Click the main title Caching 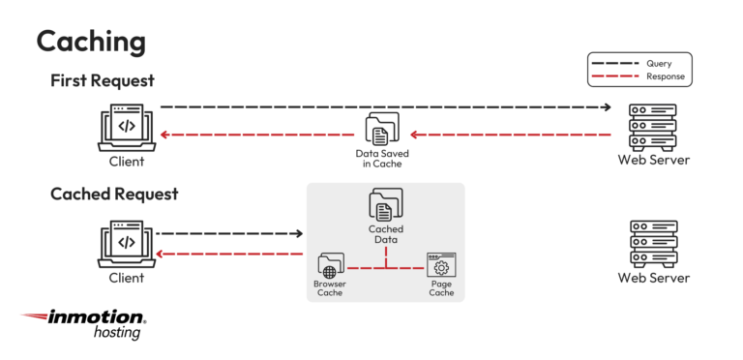pos(91,41)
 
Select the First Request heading pos(103,81)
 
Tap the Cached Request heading pos(114,194)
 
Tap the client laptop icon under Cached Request pos(126,243)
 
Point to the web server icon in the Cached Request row pos(653,242)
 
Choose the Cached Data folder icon pos(385,205)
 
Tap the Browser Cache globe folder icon pos(330,266)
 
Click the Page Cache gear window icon pos(441,266)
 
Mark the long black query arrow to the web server pos(386,106)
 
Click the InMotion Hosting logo pos(85,323)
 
